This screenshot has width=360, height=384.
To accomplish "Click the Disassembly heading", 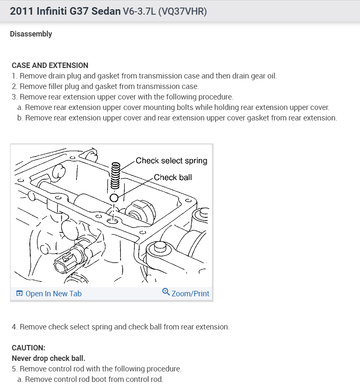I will (31, 34).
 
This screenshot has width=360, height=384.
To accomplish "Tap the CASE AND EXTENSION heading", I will (50, 65).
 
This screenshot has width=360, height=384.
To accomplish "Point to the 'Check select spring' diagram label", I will (171, 161).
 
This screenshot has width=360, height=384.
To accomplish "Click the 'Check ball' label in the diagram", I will (173, 177).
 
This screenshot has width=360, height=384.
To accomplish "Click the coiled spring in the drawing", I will (116, 176).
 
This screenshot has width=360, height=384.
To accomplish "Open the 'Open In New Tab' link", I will (53, 294).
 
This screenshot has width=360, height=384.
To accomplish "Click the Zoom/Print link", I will (190, 294).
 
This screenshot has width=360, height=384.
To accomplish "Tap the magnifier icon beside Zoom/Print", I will (166, 293).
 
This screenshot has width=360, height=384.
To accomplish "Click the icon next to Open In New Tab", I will (19, 294).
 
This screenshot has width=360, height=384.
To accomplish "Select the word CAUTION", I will (28, 348).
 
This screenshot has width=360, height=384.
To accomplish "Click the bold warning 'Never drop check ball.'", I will (48, 358).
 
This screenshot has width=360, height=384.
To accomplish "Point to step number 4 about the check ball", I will (14, 327).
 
